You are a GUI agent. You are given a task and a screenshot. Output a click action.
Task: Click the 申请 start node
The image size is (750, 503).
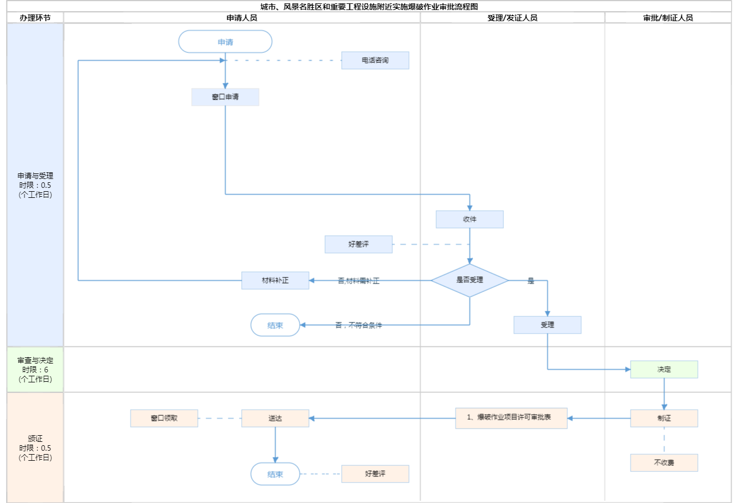(225, 42)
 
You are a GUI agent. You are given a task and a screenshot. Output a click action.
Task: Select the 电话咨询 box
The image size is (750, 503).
(375, 60)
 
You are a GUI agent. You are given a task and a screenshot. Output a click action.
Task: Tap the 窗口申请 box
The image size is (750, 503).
(225, 97)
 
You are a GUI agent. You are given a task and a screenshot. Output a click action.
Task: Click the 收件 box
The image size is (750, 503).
(469, 219)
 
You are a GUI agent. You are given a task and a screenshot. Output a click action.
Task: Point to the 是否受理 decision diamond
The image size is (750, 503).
(469, 280)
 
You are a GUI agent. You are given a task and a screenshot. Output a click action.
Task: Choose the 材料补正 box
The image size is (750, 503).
(275, 280)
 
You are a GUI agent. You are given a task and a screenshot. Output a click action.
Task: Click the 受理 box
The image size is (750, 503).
(547, 325)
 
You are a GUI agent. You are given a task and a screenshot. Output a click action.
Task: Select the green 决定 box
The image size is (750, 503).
(664, 369)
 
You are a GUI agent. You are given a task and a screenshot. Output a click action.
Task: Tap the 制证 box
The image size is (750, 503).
(664, 418)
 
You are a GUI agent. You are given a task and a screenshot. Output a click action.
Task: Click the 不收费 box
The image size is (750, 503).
(664, 462)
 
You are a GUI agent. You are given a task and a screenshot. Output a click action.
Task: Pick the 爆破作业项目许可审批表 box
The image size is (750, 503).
(511, 418)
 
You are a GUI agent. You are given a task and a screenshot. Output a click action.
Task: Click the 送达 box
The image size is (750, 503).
(275, 418)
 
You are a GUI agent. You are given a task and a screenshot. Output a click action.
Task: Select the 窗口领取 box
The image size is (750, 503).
(164, 418)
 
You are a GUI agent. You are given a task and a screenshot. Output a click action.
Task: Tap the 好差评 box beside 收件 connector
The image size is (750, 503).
(358, 244)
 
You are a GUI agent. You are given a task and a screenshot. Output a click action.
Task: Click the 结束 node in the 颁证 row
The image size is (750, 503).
(275, 474)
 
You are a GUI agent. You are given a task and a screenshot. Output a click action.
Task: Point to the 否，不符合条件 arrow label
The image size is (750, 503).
(358, 325)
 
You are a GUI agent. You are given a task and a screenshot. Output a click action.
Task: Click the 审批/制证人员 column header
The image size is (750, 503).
(668, 18)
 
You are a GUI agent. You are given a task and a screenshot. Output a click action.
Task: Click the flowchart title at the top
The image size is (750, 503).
(369, 7)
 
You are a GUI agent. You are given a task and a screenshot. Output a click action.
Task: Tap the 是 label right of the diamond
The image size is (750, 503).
(531, 281)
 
